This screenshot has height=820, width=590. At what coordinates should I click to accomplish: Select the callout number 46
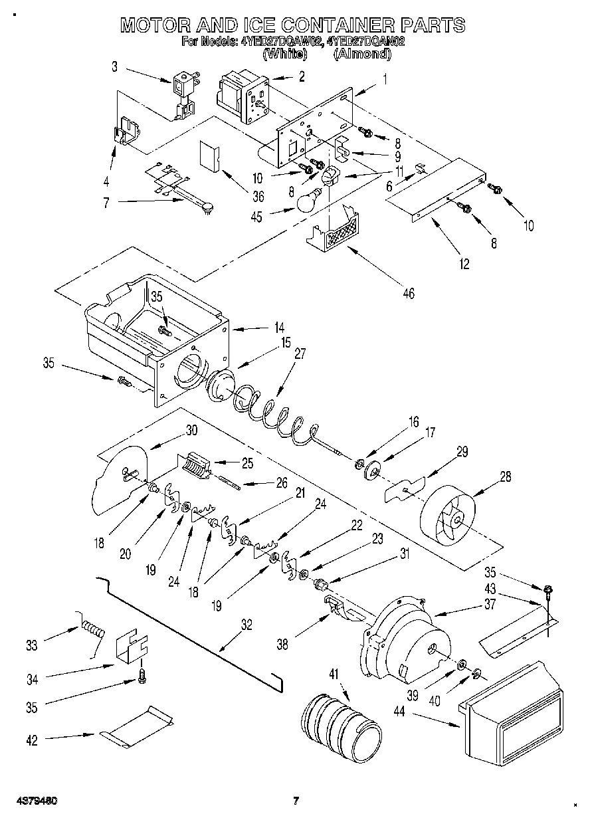pyautogui.click(x=409, y=293)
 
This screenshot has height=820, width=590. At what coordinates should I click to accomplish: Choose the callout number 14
pyautogui.click(x=279, y=328)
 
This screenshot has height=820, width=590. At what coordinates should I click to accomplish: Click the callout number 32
pyautogui.click(x=246, y=625)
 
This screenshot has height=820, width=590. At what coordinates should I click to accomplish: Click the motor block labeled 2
pyautogui.click(x=243, y=98)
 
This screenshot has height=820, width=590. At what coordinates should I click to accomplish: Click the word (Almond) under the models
pyautogui.click(x=362, y=54)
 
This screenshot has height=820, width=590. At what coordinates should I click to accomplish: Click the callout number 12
pyautogui.click(x=464, y=264)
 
